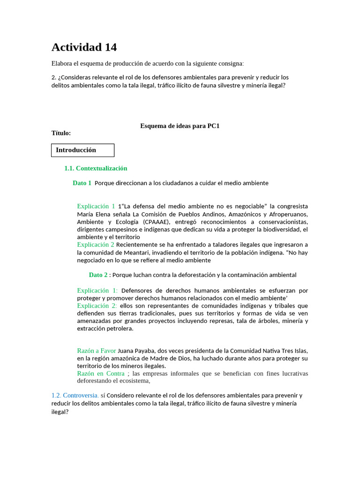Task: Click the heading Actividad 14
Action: (x=84, y=47)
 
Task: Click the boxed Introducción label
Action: (x=76, y=150)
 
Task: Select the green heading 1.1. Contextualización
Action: (x=96, y=168)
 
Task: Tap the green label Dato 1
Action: (x=82, y=183)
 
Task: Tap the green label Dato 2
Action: (x=98, y=275)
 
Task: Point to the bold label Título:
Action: (x=61, y=133)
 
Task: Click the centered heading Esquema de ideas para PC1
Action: (x=180, y=126)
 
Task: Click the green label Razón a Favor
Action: (x=96, y=351)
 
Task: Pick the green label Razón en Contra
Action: (x=101, y=374)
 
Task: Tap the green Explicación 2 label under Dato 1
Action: (x=96, y=245)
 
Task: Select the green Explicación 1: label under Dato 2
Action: (x=97, y=291)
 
